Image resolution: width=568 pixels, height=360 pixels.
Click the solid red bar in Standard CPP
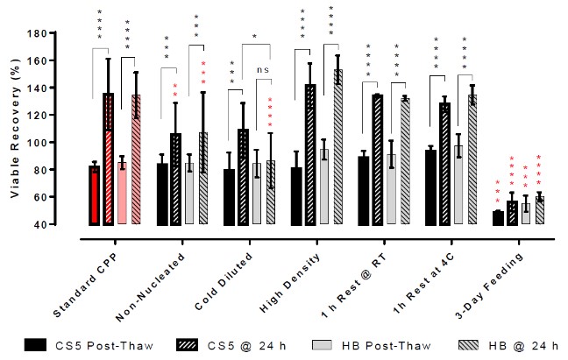tap(94, 195)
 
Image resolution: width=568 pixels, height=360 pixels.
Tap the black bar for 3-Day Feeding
tap(498, 218)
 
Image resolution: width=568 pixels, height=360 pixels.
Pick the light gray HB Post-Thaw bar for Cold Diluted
tap(256, 194)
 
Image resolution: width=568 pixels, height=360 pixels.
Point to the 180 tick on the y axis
tap(57, 33)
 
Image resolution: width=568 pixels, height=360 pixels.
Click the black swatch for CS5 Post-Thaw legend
tap(37, 343)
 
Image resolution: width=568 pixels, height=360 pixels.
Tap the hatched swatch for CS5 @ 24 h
tap(184, 343)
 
